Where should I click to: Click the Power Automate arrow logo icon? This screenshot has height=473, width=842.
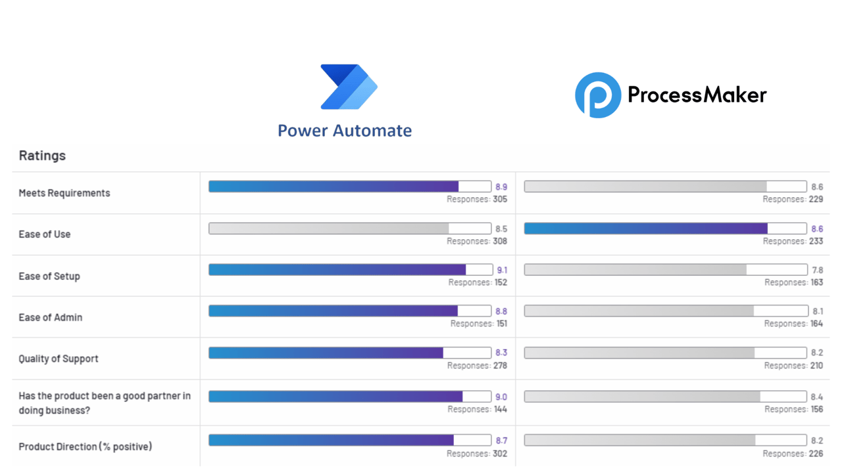(x=349, y=87)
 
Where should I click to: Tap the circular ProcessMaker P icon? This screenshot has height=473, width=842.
(x=598, y=95)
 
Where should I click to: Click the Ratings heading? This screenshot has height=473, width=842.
(x=42, y=156)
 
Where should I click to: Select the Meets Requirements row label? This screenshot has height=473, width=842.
(x=64, y=193)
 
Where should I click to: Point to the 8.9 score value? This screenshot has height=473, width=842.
(x=501, y=187)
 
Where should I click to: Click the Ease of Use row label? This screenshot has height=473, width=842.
(x=45, y=235)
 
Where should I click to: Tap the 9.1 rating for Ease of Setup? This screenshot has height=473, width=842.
(x=502, y=270)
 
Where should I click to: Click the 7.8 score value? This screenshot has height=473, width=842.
(x=817, y=270)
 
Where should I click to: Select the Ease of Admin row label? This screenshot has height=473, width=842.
(x=51, y=317)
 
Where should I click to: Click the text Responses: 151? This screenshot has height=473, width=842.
(x=479, y=324)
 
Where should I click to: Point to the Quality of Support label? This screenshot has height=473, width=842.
(x=59, y=359)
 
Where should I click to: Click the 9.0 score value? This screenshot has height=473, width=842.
(x=501, y=397)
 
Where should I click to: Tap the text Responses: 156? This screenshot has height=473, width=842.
(x=793, y=409)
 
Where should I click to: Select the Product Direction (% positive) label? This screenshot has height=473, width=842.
(x=86, y=447)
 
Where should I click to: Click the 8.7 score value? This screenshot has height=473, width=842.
(x=501, y=441)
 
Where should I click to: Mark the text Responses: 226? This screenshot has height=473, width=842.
(x=793, y=453)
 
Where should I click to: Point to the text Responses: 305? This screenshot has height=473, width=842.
(x=477, y=199)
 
